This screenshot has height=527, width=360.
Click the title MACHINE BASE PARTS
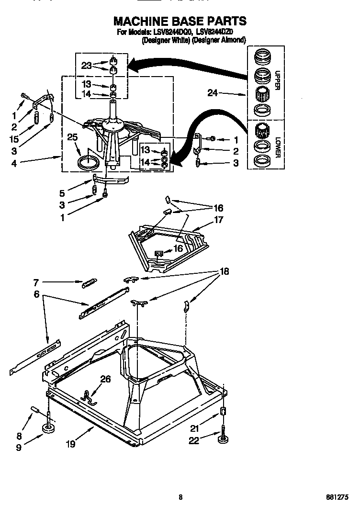[180, 21]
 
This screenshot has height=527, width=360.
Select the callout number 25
[72, 137]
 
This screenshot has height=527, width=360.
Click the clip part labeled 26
[87, 395]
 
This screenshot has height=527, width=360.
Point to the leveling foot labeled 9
[48, 427]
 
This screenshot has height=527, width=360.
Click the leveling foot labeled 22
[223, 439]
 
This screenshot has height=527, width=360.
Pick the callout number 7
[36, 282]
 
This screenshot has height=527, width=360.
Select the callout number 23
[86, 66]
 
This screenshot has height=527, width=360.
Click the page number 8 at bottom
[180, 497]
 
